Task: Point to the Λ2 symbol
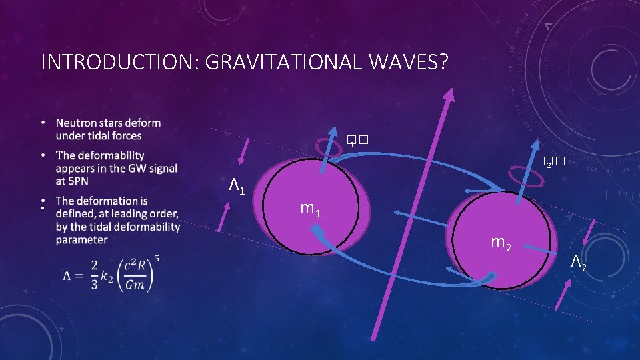(x=578, y=265)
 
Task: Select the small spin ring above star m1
(x=329, y=147)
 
